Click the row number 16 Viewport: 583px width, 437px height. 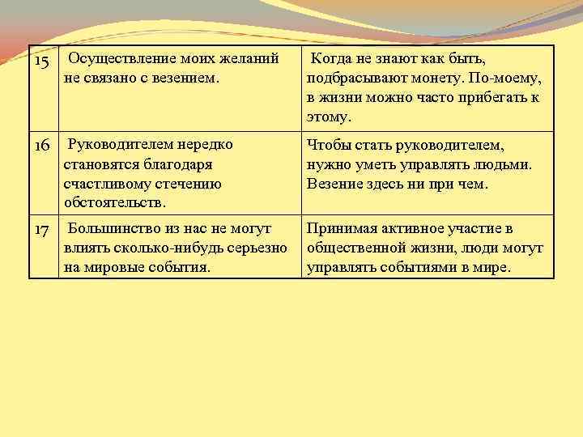click(x=42, y=146)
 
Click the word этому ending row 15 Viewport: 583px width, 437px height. click(x=329, y=117)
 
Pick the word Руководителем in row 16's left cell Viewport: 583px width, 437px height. click(x=119, y=144)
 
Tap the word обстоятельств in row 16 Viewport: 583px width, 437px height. click(x=113, y=202)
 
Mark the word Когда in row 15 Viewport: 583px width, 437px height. click(x=332, y=58)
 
